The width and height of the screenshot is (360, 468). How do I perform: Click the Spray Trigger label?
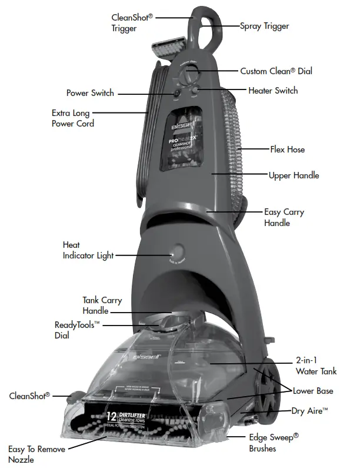(x=264, y=26)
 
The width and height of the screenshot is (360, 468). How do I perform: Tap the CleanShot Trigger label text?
(x=132, y=22)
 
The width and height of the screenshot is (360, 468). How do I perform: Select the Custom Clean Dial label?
(x=276, y=71)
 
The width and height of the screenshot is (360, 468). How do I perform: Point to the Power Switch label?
(x=90, y=93)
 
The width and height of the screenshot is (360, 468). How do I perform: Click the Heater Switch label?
(x=273, y=91)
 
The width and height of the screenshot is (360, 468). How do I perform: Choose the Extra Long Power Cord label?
(x=73, y=118)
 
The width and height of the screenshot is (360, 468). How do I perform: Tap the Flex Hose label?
(x=287, y=150)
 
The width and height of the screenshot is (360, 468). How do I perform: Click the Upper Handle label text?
(x=294, y=175)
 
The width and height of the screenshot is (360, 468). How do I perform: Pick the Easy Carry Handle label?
(x=284, y=217)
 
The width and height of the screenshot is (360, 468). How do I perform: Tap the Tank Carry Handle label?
(x=102, y=306)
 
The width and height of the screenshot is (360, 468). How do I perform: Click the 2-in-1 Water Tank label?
(x=316, y=366)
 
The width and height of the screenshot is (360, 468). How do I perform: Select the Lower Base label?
(x=314, y=391)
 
